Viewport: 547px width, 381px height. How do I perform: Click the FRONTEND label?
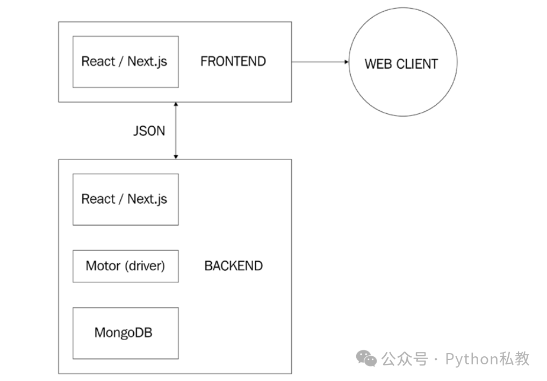233,61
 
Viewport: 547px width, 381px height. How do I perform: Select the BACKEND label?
233,265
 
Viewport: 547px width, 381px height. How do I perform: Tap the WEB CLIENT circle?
402,63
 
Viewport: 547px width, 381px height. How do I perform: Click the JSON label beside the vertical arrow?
149,131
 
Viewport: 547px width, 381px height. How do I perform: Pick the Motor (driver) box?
125,266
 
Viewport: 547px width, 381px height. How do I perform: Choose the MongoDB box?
125,333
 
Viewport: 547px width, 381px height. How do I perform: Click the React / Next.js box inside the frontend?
125,62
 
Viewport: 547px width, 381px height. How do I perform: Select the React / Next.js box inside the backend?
125,199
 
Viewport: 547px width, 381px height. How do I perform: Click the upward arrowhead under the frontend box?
176,105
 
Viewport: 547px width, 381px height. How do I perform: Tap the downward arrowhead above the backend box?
176,156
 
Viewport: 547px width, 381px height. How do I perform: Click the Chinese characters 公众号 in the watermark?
405,358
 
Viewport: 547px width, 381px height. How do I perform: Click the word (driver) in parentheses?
145,265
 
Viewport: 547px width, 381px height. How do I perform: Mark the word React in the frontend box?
98,61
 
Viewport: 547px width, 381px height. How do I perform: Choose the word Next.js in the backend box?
147,199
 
